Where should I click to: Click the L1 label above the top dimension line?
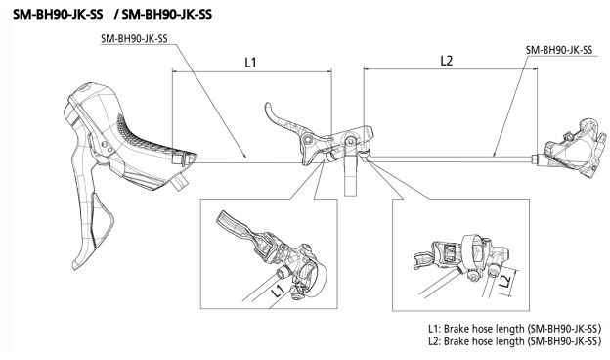[x=250, y=62]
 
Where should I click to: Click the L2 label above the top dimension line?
[x=446, y=61]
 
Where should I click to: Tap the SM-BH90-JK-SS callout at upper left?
[x=134, y=39]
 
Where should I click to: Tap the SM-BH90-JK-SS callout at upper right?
[x=559, y=50]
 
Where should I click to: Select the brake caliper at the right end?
[x=572, y=148]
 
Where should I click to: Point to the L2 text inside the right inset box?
[x=504, y=281]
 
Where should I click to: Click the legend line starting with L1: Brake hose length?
[x=514, y=329]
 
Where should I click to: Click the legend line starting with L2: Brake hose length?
[x=514, y=341]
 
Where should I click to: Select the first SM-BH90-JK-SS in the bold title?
[x=58, y=15]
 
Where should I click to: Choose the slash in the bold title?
[x=117, y=15]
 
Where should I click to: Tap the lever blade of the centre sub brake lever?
[x=280, y=116]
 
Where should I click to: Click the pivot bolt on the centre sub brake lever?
[x=308, y=139]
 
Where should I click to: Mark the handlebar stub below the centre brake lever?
[x=350, y=175]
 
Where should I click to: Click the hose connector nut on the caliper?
[x=537, y=159]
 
